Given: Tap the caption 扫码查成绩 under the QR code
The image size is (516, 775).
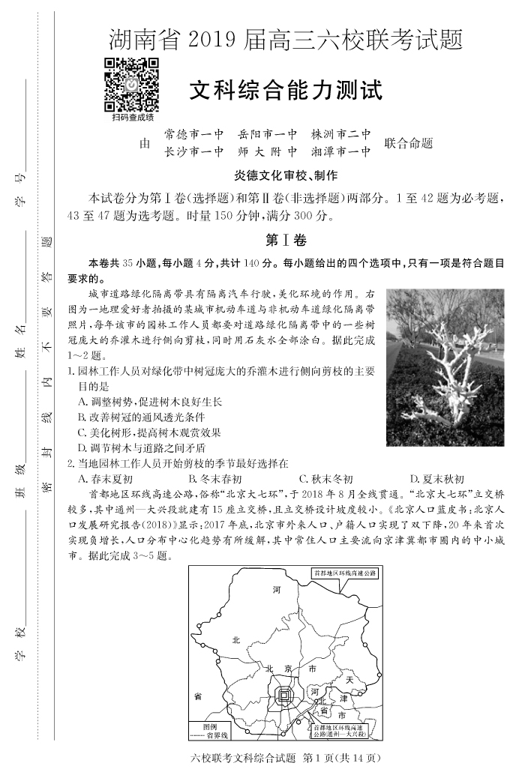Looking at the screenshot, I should point(132,118).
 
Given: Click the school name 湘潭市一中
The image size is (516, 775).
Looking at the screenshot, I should point(341,151).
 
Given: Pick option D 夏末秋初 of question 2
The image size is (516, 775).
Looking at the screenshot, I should point(437,479).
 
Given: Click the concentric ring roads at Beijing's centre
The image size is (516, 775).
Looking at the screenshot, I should point(285,696).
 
